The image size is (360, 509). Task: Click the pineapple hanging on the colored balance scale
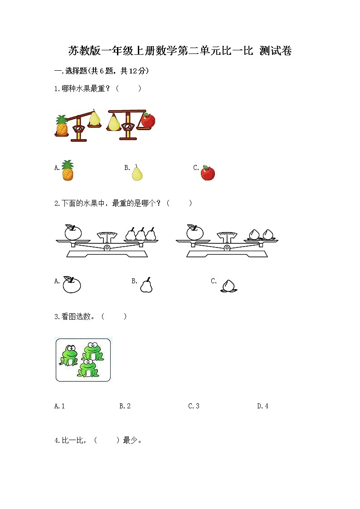62,126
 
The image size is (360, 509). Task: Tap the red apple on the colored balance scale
148,120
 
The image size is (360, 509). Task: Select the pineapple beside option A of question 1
67,171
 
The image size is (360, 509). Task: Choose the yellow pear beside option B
137,173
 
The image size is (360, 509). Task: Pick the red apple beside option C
208,173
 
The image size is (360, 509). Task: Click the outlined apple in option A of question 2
71,284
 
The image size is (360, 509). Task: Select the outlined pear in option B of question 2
146,285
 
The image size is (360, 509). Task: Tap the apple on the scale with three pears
72,232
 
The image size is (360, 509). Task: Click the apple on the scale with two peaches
195,232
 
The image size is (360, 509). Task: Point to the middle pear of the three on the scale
141,234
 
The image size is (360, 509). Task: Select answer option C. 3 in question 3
194,406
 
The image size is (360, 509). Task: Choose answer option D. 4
263,406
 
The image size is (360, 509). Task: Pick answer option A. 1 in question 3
59,406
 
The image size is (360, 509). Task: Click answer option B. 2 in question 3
125,406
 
